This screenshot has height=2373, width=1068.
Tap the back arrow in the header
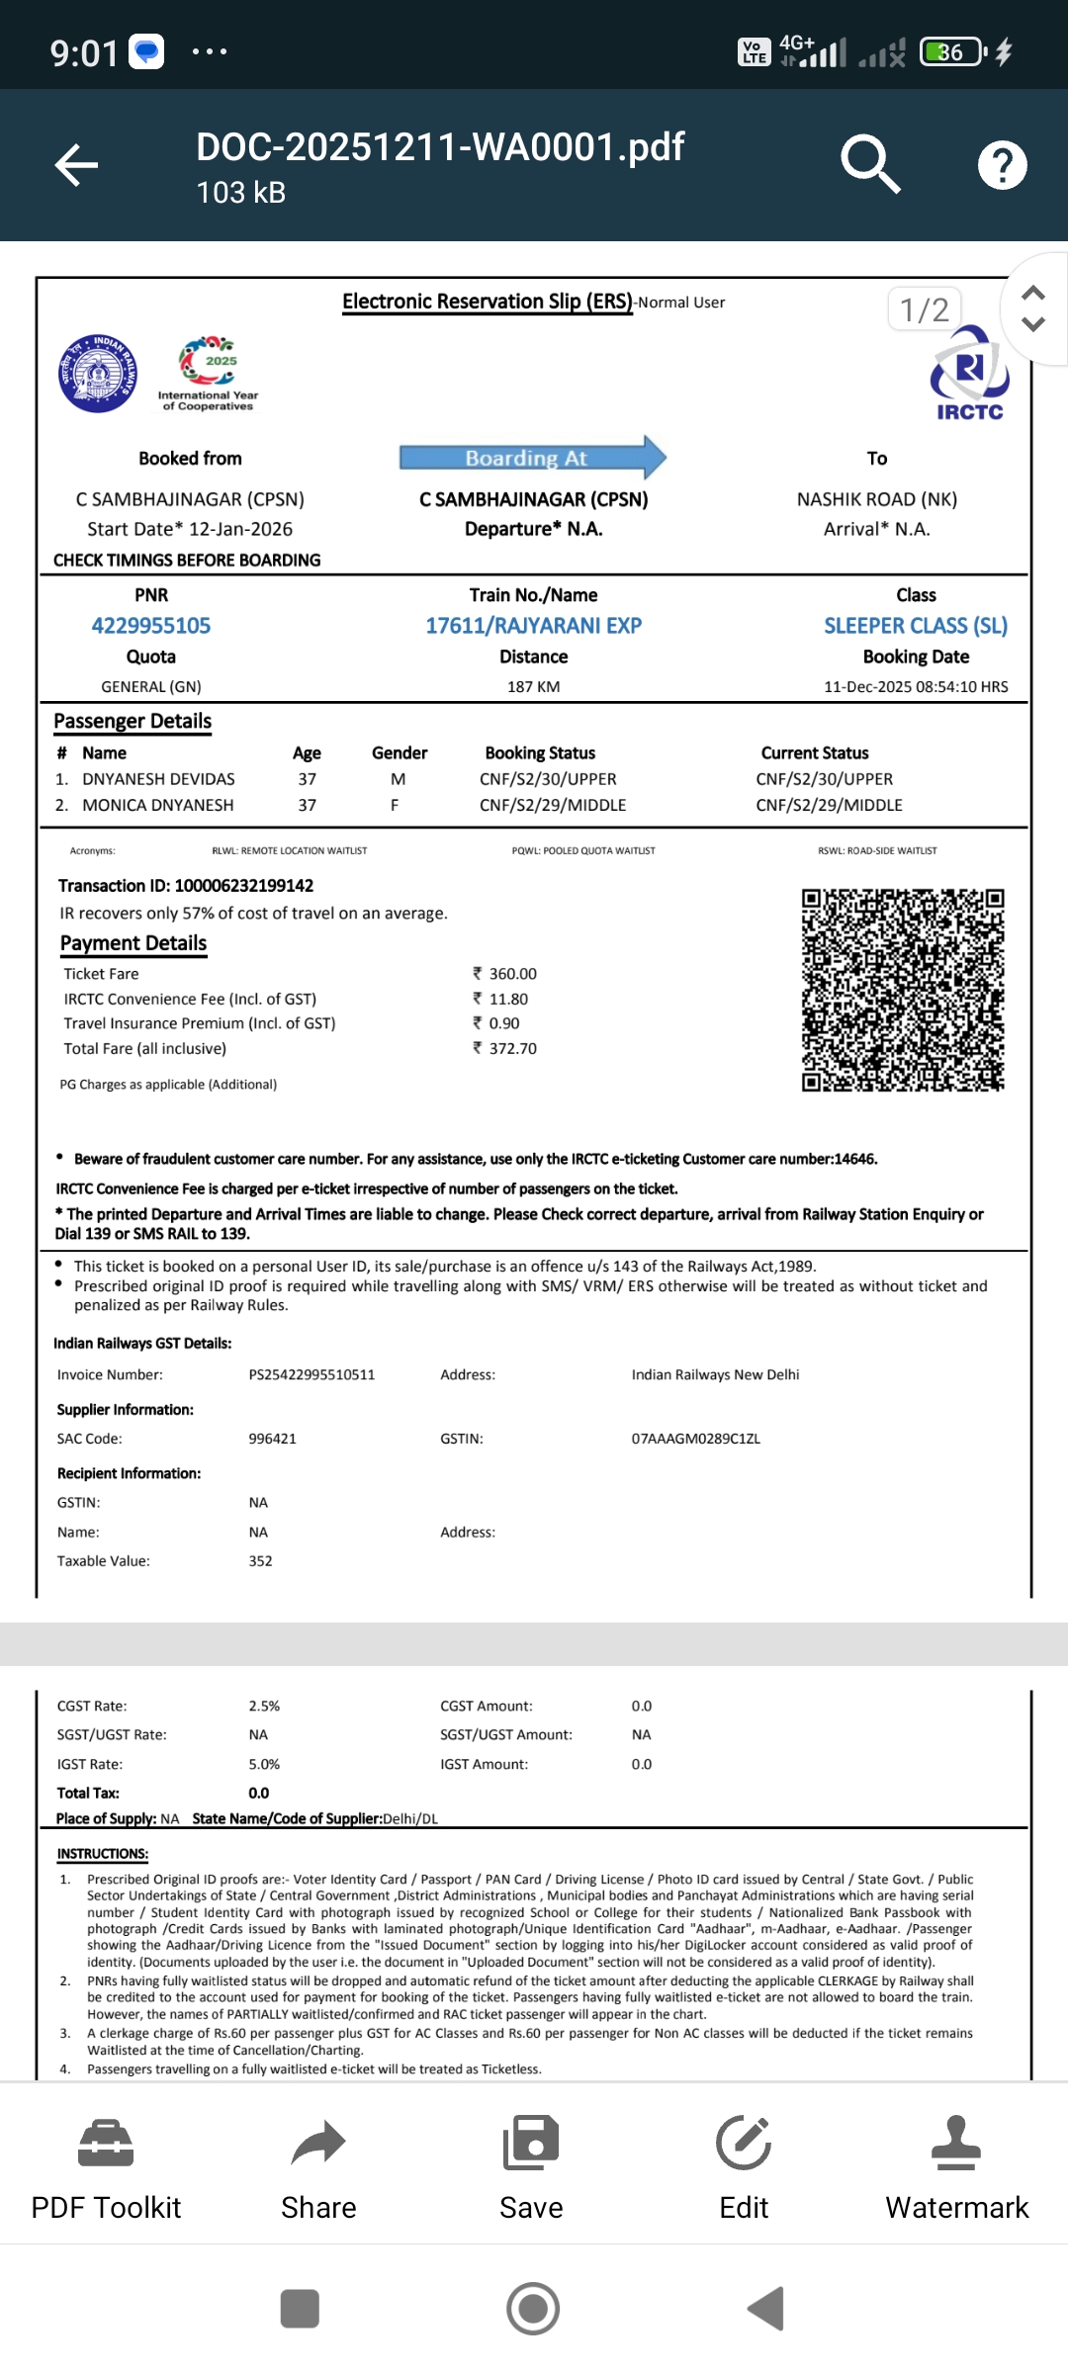coord(76,164)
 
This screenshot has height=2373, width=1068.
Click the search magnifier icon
coord(870,164)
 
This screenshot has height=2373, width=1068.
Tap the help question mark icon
coord(1002,165)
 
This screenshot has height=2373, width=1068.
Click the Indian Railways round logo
coord(98,374)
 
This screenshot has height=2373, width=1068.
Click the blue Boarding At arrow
coord(532,458)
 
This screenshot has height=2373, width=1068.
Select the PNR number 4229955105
coord(151,626)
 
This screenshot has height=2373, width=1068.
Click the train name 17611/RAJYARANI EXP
coord(534,626)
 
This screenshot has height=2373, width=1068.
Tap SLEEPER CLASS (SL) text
coord(916,626)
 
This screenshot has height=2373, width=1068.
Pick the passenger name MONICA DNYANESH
coord(158,805)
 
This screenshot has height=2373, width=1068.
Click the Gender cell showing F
coord(395,805)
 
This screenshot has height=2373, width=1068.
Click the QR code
coord(903,990)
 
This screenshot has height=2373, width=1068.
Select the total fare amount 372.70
coord(511,1048)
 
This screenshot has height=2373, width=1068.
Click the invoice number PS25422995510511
coord(311,1374)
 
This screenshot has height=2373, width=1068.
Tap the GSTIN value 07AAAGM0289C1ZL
coord(696,1439)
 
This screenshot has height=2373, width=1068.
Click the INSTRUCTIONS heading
coord(103,1854)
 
